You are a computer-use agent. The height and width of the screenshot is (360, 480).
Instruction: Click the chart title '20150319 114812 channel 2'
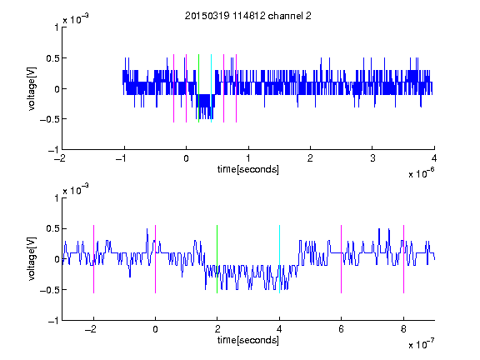click(248, 16)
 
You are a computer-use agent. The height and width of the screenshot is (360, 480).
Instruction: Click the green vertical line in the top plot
click(198, 88)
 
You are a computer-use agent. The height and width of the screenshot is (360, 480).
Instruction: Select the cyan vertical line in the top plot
click(211, 88)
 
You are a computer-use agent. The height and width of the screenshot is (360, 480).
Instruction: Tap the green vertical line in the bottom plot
click(217, 259)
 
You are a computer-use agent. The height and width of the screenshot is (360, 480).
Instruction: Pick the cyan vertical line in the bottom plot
click(279, 259)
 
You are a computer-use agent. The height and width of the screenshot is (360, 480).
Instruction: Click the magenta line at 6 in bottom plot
click(342, 259)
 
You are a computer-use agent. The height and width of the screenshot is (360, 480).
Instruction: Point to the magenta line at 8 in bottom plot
click(404, 259)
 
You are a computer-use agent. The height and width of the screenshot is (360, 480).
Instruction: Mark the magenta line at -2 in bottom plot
click(93, 259)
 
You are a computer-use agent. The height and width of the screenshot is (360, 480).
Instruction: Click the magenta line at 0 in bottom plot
click(156, 259)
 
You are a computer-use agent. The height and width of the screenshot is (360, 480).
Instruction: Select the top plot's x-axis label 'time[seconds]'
click(248, 169)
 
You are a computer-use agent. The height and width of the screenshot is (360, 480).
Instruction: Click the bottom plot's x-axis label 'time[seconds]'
click(248, 340)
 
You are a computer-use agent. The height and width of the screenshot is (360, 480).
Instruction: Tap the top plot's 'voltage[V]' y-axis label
click(32, 88)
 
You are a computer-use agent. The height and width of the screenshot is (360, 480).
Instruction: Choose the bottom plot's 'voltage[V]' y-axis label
click(32, 258)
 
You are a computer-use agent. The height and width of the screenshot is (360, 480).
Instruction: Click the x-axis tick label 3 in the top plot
click(372, 158)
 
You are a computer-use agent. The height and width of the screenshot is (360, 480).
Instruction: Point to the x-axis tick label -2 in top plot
click(60, 158)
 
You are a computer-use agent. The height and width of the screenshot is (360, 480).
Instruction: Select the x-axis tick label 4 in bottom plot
click(279, 329)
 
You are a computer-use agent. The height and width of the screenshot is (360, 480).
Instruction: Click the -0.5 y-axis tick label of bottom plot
click(49, 290)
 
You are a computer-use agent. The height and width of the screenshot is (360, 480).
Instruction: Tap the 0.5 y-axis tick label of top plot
click(52, 58)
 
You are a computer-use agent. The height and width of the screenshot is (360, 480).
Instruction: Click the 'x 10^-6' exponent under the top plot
click(422, 173)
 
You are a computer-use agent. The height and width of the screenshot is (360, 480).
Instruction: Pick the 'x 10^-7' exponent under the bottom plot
click(422, 344)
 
